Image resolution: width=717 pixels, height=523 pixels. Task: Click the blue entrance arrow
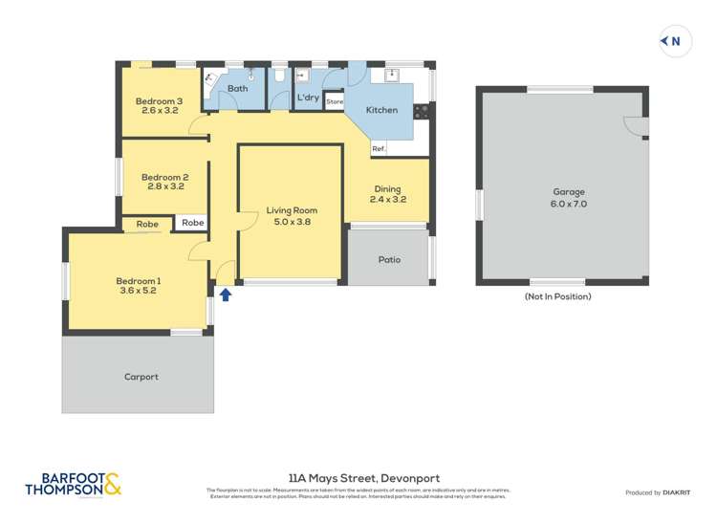point(225,294)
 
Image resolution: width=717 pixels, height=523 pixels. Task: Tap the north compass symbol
point(675,41)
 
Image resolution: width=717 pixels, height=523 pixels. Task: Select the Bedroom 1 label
point(138,285)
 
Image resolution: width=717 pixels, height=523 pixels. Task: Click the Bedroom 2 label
point(164,182)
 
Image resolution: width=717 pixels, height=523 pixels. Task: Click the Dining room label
point(387,194)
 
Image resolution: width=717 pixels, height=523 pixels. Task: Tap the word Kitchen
point(381,110)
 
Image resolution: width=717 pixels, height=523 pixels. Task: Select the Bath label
point(237,89)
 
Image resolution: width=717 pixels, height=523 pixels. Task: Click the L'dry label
point(308,98)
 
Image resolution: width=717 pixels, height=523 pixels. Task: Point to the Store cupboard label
point(334,101)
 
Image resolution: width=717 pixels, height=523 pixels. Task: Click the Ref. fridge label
point(379,149)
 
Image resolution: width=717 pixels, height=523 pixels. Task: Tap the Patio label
point(389,260)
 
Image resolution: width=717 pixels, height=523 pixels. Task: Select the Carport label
point(141,377)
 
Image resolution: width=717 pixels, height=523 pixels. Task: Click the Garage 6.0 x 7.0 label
point(568,198)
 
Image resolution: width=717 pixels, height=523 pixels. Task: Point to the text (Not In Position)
point(557,296)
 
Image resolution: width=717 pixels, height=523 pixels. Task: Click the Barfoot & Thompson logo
point(74,485)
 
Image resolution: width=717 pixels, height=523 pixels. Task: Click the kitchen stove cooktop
point(422,110)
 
